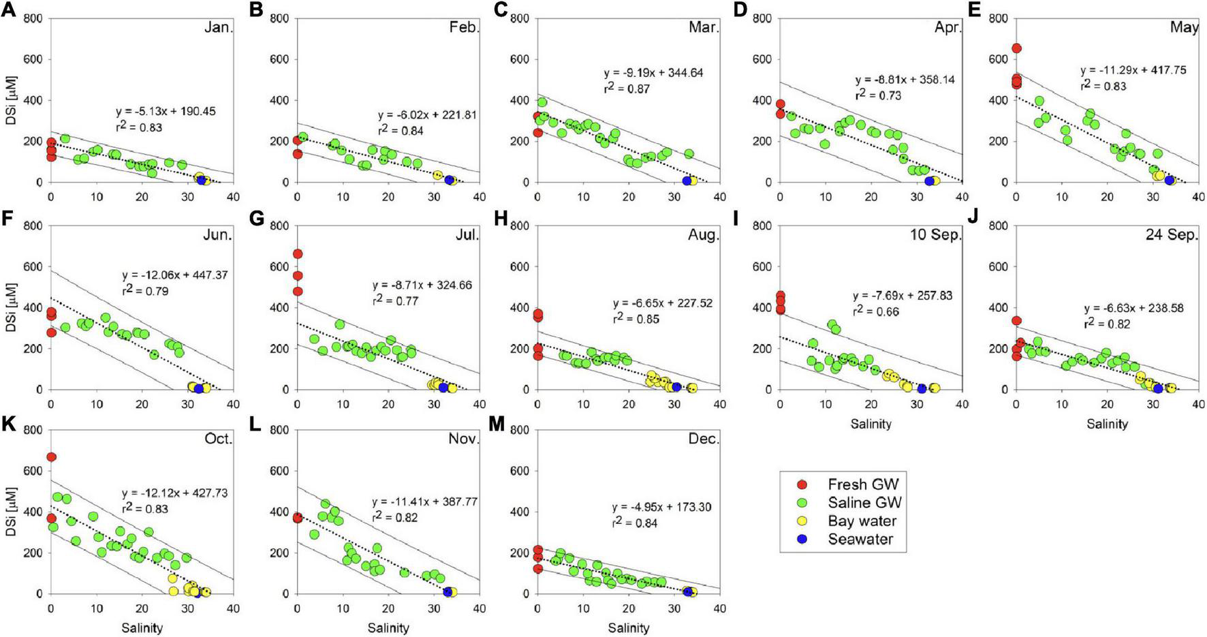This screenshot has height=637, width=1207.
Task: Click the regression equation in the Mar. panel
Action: click(653, 73)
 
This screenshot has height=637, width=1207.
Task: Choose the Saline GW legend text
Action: click(864, 503)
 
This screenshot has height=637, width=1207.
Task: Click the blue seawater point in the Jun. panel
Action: click(199, 388)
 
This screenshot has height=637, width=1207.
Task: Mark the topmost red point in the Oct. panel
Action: click(51, 457)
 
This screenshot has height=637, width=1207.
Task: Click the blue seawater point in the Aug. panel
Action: click(676, 387)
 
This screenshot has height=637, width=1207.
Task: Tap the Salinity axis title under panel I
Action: click(871, 424)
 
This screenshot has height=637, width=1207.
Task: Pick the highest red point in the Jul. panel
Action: click(297, 254)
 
